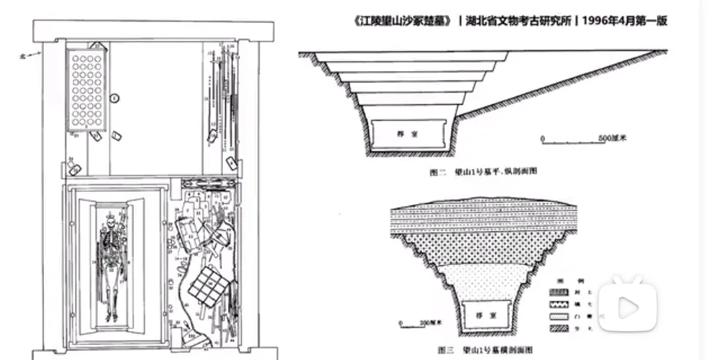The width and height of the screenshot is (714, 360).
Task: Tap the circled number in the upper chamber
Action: coord(114,96)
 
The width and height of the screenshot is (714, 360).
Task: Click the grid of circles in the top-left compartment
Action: coord(86,89)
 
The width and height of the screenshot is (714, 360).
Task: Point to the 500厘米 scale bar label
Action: coord(616,137)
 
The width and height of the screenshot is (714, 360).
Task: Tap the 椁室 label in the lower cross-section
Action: coord(472,314)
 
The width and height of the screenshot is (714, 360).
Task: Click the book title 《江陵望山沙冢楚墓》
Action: coord(403,21)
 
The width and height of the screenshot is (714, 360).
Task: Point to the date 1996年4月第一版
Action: coord(625,21)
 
